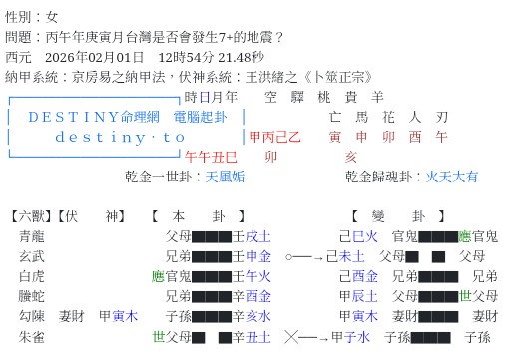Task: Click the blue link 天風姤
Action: (227, 177)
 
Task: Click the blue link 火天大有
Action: (452, 177)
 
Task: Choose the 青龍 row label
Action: (32, 236)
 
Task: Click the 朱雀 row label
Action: (32, 337)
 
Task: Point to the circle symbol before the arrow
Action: (289, 256)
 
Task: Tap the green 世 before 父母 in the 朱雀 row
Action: (157, 337)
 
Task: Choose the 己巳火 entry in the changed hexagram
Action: (358, 236)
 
